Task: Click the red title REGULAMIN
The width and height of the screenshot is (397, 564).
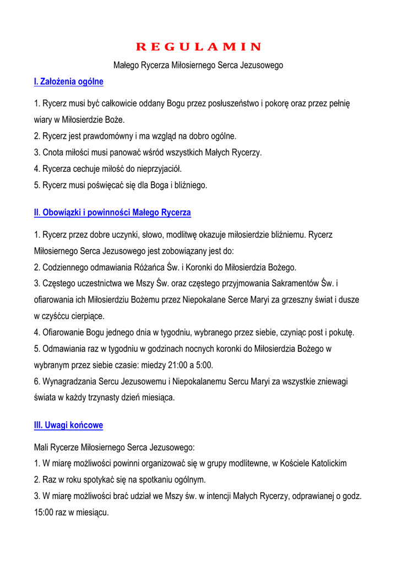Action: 198,46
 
